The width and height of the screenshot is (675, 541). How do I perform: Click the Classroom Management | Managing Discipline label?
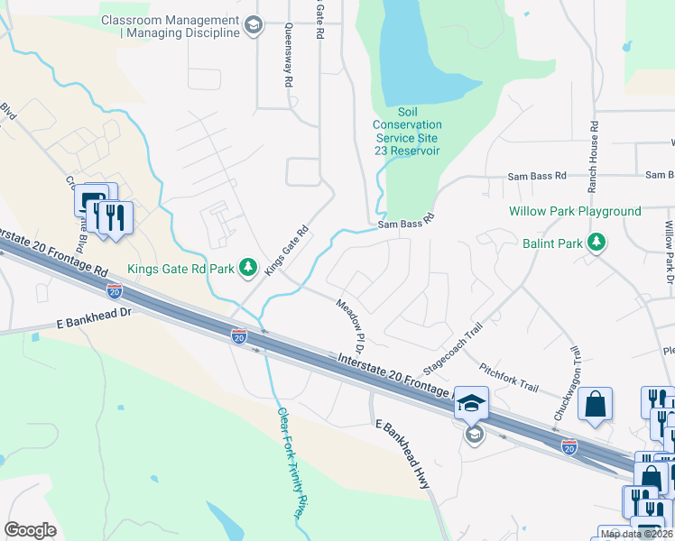click(171, 26)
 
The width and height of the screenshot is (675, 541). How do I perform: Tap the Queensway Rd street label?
click(289, 55)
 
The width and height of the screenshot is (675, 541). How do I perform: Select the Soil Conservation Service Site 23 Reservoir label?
click(408, 138)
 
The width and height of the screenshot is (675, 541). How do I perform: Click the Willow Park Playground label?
click(575, 212)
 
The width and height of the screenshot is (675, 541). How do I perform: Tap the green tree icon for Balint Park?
click(596, 243)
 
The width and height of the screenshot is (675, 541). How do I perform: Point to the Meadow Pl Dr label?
click(351, 326)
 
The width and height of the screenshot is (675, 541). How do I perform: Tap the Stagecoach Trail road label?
click(448, 348)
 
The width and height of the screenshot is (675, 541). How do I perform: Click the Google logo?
click(30, 530)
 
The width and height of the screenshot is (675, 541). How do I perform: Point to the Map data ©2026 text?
click(635, 534)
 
